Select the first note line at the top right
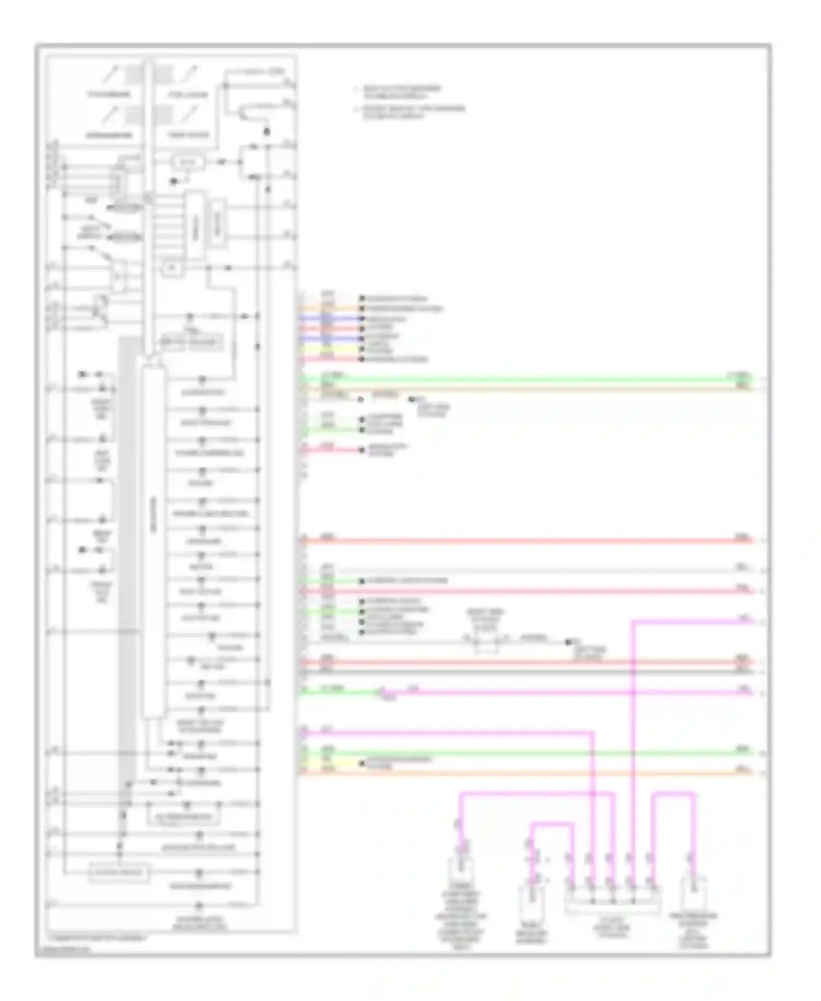pyautogui.click(x=402, y=91)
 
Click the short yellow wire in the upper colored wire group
pyautogui.click(x=328, y=349)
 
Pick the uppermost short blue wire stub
pyautogui.click(x=328, y=318)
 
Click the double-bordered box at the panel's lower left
pyautogui.click(x=119, y=872)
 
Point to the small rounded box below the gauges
pyautogui.click(x=188, y=162)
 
